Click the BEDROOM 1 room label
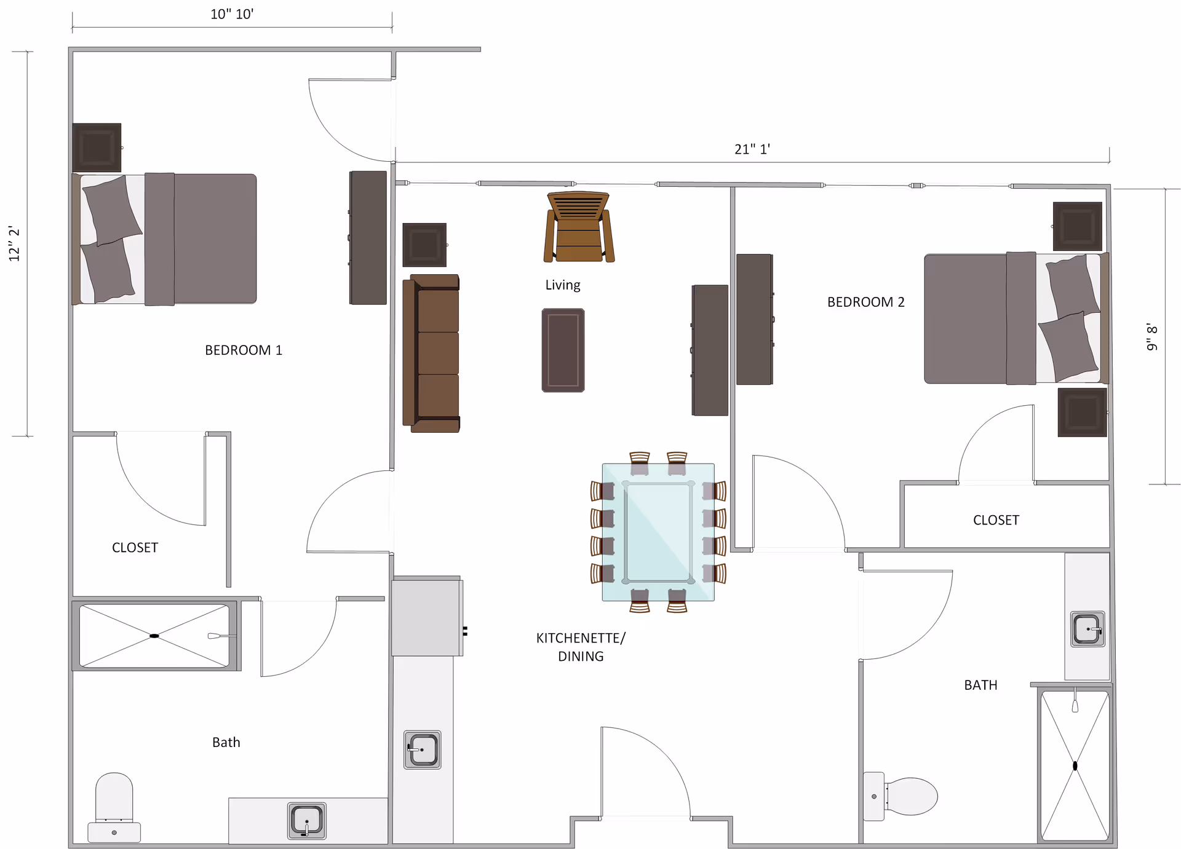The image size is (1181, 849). [244, 350]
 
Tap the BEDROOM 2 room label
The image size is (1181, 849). [866, 302]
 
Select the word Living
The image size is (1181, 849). [563, 285]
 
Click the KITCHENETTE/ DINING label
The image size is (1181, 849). [581, 647]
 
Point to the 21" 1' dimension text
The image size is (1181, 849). [752, 149]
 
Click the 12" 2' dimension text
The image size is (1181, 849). [14, 244]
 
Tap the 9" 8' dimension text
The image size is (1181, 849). [1152, 338]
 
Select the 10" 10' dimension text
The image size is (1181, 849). [232, 14]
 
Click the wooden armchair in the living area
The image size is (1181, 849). [579, 227]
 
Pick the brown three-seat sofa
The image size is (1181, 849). [431, 353]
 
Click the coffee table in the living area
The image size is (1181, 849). [563, 350]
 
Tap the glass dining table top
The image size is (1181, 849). [658, 532]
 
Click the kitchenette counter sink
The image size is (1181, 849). [423, 750]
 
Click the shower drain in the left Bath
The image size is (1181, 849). [154, 636]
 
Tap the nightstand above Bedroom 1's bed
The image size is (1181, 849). [97, 148]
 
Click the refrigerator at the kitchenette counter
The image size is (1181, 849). [427, 617]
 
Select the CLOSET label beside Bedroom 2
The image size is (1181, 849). [996, 521]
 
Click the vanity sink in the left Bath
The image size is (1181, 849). [307, 821]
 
